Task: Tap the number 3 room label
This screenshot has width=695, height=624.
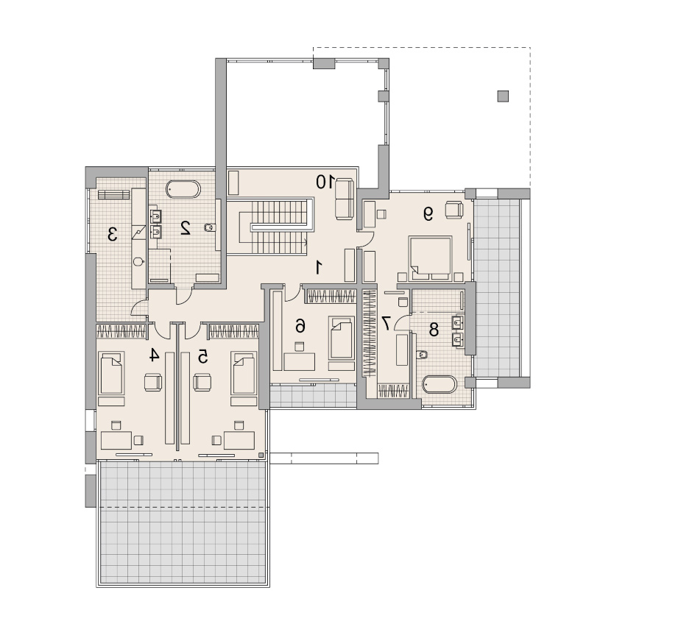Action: coord(113,234)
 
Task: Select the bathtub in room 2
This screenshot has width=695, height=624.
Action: coord(183,190)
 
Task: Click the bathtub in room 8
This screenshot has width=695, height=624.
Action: coord(440,384)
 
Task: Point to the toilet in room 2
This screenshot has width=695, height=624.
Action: coord(209,227)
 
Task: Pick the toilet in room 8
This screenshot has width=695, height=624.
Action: coord(422,354)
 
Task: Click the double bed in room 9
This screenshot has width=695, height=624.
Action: coord(431,258)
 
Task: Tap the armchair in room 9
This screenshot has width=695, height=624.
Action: coord(454,209)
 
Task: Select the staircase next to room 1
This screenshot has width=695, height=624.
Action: coord(270,227)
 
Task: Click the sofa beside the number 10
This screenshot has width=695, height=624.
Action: coord(345,199)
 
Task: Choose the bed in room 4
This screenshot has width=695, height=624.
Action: coord(111,373)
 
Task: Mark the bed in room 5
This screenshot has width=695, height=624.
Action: coord(244,373)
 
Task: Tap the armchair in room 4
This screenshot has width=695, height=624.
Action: coord(153,382)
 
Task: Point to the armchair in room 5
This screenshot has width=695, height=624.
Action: coord(202,382)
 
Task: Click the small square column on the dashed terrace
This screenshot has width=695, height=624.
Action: coord(503,96)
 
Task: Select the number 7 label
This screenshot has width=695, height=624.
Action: coord(386,323)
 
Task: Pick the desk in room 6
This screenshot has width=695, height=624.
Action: coord(300,361)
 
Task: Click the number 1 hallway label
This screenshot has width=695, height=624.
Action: coord(318,267)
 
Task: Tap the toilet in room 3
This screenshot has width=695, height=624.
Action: coord(138,261)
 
